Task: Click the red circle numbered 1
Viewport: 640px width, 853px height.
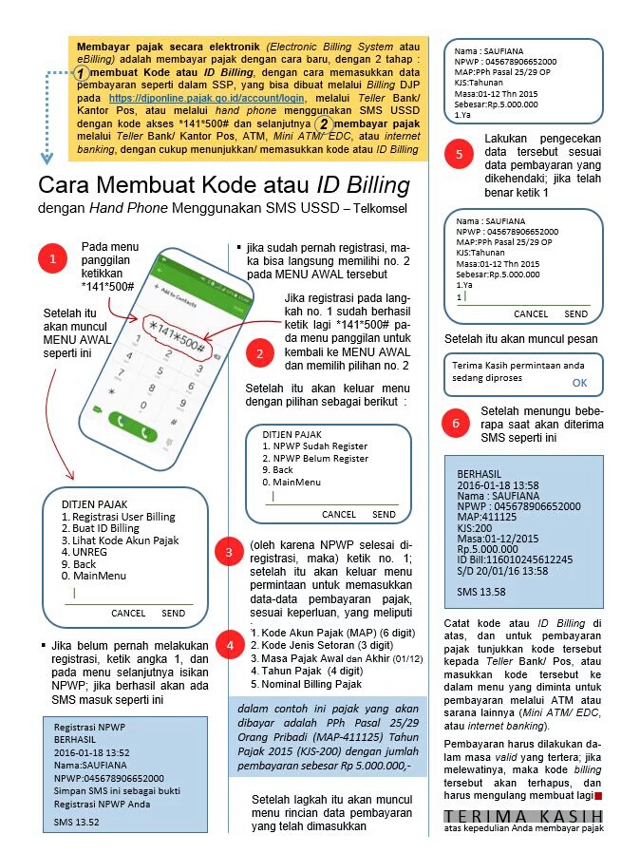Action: point(53,258)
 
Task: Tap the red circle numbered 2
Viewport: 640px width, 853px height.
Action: point(259,353)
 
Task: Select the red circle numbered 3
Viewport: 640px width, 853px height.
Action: point(228,552)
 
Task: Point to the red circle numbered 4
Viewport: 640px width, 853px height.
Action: point(228,646)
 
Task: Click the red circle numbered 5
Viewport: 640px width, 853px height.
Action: point(460,155)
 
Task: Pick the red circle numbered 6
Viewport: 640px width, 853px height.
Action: point(458,423)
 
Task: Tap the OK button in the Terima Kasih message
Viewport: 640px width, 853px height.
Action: point(579,382)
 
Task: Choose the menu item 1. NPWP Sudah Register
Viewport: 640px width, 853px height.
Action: point(315,446)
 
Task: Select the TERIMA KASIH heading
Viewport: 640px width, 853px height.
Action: point(523,816)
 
